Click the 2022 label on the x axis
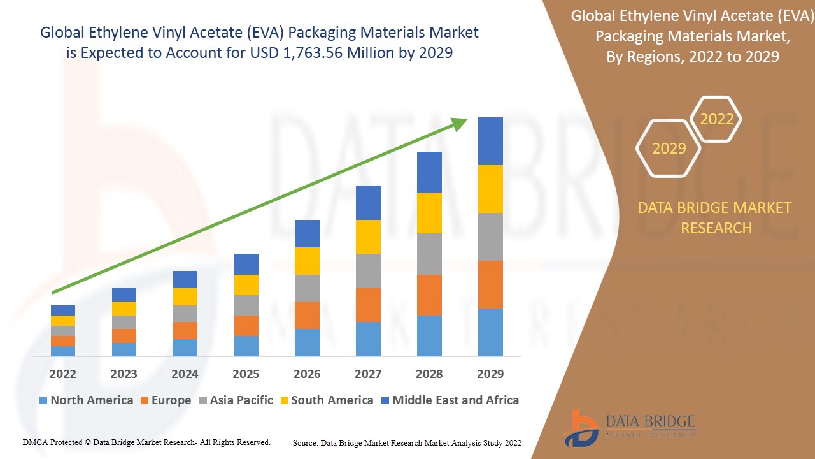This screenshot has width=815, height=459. point(62,374)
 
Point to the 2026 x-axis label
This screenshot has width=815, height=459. point(307,374)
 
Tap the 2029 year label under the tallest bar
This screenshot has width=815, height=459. point(490,374)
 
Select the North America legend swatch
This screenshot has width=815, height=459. point(43,400)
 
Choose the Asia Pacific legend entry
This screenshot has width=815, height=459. point(235,400)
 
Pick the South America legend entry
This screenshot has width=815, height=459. point(325,400)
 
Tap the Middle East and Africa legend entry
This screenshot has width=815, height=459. point(450,400)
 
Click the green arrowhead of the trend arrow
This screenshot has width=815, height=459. point(460,123)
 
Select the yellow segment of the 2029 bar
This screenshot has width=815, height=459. point(490,189)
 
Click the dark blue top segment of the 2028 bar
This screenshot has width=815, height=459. point(429,172)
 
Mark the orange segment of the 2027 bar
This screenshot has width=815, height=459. point(368,305)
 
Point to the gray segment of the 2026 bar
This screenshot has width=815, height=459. point(307,288)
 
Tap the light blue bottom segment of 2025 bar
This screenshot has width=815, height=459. point(246,346)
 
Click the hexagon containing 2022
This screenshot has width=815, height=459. point(716,119)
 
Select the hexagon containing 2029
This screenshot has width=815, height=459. point(669,148)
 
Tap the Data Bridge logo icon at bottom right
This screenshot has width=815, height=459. point(581,428)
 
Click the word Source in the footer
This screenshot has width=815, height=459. point(306,442)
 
